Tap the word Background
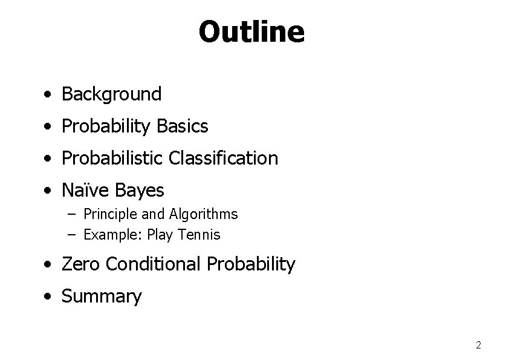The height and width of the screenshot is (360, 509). (x=112, y=94)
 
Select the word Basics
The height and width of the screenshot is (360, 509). (x=182, y=126)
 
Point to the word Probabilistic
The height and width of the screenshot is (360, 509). (x=113, y=159)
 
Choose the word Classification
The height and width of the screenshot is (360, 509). (x=224, y=159)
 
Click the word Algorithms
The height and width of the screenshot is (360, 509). (x=203, y=214)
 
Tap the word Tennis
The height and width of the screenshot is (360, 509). (x=200, y=235)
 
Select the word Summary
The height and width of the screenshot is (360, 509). (x=102, y=296)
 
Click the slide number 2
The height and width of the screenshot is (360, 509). (x=478, y=345)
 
